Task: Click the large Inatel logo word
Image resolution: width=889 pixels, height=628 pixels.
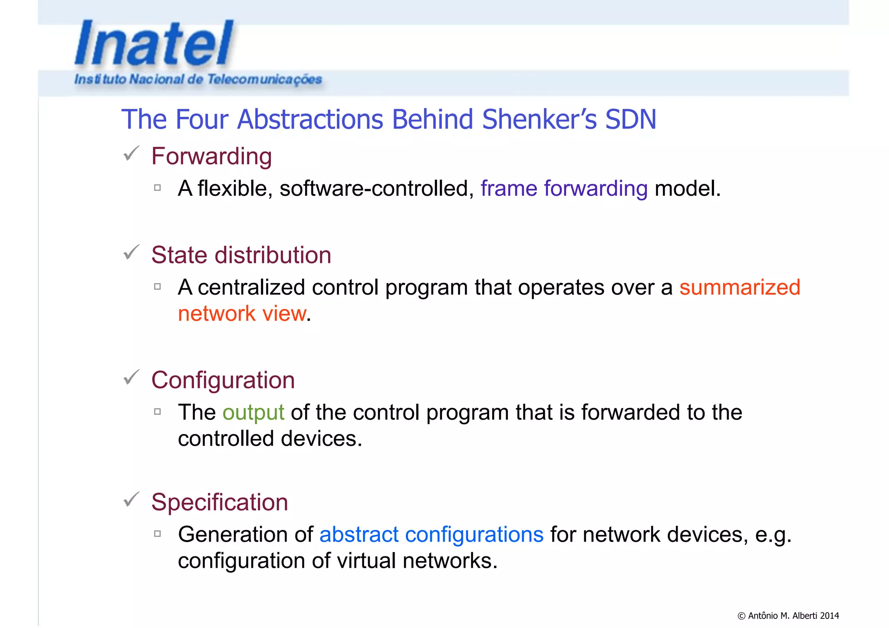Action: (x=154, y=44)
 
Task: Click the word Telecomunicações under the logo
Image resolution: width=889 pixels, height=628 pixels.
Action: (x=264, y=79)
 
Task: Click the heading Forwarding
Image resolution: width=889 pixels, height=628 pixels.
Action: (x=211, y=156)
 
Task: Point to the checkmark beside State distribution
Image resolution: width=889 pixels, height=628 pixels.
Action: (x=131, y=252)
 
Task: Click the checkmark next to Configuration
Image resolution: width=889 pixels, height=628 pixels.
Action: (x=131, y=377)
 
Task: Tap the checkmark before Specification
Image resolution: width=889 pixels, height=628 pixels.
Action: (x=131, y=500)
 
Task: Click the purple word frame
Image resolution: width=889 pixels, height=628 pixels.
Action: (x=509, y=188)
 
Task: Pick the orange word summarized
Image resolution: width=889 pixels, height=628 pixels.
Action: (x=740, y=287)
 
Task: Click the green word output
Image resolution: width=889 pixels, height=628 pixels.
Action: (x=253, y=412)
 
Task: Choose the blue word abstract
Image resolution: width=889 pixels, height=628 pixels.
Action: (x=359, y=534)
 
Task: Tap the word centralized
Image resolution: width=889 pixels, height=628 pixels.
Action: (x=251, y=287)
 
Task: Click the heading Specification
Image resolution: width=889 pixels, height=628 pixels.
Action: (x=220, y=502)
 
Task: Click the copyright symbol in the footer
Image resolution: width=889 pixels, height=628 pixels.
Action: (x=741, y=616)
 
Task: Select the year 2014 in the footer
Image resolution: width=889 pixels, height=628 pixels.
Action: (x=829, y=616)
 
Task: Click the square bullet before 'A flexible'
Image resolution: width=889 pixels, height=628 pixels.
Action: (x=158, y=188)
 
